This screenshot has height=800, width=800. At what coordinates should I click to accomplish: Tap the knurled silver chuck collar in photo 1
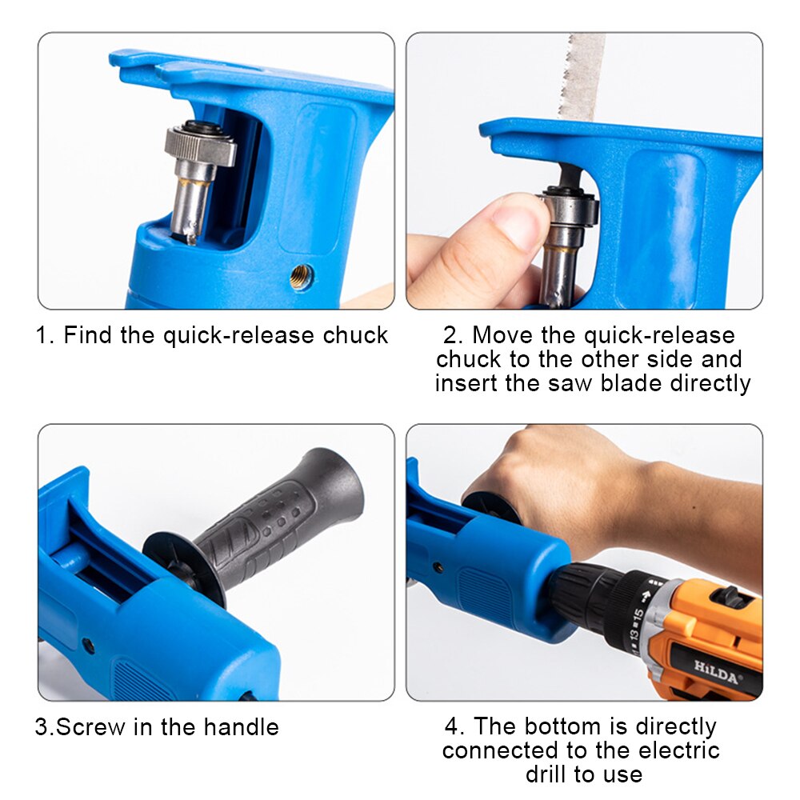click(201, 145)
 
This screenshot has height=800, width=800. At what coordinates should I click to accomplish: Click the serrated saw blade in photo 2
click(582, 77)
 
